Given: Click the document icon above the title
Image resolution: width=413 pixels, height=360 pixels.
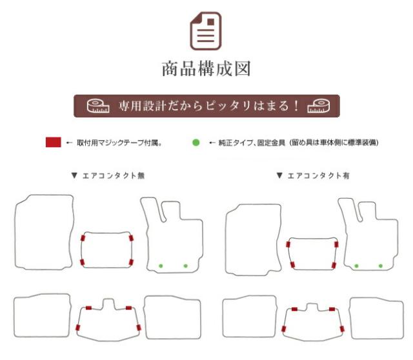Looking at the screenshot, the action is (206, 31).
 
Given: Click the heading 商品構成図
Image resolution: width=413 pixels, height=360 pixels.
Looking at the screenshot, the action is (206, 69).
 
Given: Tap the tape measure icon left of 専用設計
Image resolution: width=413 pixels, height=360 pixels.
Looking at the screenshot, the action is (98, 106).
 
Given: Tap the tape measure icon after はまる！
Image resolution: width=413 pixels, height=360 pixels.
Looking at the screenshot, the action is (318, 106).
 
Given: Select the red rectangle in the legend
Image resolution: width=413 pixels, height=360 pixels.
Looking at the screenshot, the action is (53, 142).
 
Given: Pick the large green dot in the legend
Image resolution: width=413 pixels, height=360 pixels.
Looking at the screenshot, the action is (196, 143).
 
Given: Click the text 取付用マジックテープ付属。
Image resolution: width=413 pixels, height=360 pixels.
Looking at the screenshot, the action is (119, 143).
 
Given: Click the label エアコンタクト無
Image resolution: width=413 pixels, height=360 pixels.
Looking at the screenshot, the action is (114, 175).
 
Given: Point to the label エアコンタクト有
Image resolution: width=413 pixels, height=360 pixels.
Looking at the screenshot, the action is (318, 175).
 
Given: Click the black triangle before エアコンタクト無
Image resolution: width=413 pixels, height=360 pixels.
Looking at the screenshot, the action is (74, 175).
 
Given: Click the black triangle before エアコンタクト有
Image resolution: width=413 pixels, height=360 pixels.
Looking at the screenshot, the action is (279, 175).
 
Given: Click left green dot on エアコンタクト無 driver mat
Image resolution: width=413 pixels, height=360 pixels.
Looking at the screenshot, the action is (161, 266).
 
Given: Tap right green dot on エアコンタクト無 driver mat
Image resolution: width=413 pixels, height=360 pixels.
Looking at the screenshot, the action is (185, 266).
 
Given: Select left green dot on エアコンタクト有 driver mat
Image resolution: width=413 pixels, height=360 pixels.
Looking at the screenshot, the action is (356, 266).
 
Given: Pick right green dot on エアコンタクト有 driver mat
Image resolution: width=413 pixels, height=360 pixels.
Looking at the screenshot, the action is (381, 266).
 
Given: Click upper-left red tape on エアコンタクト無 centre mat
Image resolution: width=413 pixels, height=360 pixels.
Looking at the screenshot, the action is (83, 238).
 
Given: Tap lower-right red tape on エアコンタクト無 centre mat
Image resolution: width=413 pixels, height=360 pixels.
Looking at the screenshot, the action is (131, 262).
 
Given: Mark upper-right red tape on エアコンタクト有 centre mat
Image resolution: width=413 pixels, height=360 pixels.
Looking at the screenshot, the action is (336, 244).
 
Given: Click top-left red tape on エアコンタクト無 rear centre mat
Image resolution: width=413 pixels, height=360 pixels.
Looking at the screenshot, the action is (89, 308).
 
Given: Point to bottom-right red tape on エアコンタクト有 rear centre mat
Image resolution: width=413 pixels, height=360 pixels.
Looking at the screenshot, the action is (342, 329).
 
